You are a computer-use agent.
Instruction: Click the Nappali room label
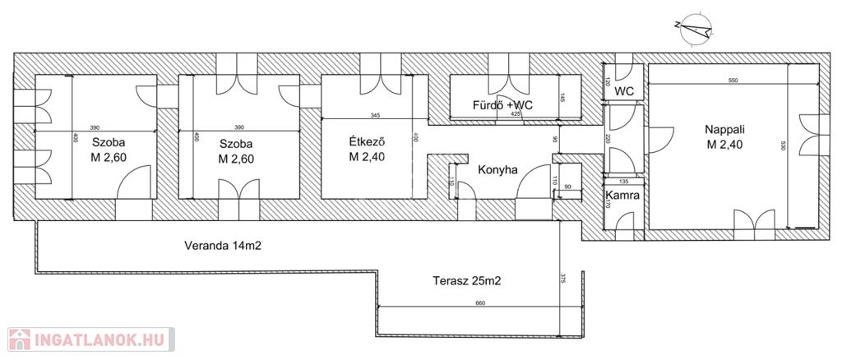tap(723, 130)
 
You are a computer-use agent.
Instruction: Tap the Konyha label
tap(497, 170)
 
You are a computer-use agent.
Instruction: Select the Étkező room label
tap(368, 142)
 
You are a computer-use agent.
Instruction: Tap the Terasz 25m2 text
tap(467, 280)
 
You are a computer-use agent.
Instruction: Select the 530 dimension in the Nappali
tap(784, 146)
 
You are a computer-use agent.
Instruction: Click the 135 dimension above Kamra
tap(622, 182)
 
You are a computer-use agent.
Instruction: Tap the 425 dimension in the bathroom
tap(516, 114)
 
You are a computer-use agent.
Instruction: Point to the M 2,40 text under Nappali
tap(723, 145)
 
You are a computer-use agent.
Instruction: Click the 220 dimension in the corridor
tap(608, 140)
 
